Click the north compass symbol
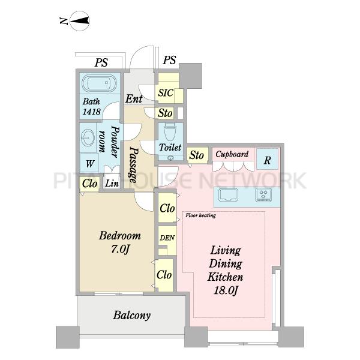pos(79,21)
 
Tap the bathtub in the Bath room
pos(99,83)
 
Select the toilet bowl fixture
pos(170,133)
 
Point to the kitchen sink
pos(228,195)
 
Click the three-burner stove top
pos(263,195)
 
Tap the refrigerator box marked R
pos(267,159)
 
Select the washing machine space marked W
pos(89,163)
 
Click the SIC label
pos(166,93)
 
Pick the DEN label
pos(167,238)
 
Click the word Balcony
pos(132,315)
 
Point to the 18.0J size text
pos(226,290)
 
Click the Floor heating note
pos(200,215)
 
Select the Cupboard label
pos(232,154)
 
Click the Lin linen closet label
pos(112,183)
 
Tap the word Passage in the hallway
pos(134,164)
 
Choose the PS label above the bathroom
pos(101,62)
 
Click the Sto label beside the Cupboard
pos(196,155)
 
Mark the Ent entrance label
pos(134,99)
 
